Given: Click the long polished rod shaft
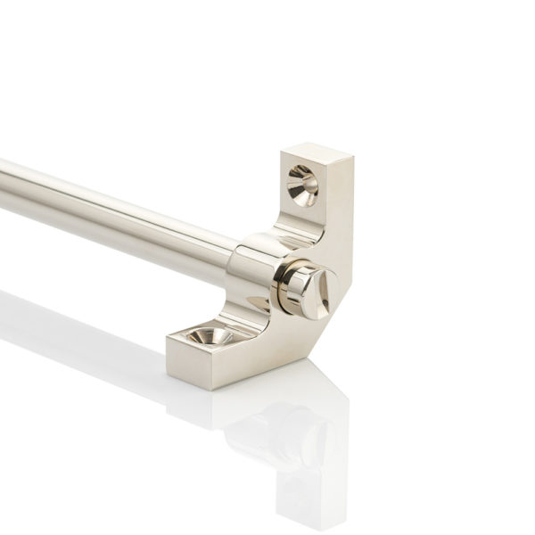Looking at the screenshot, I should tap(116, 205).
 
